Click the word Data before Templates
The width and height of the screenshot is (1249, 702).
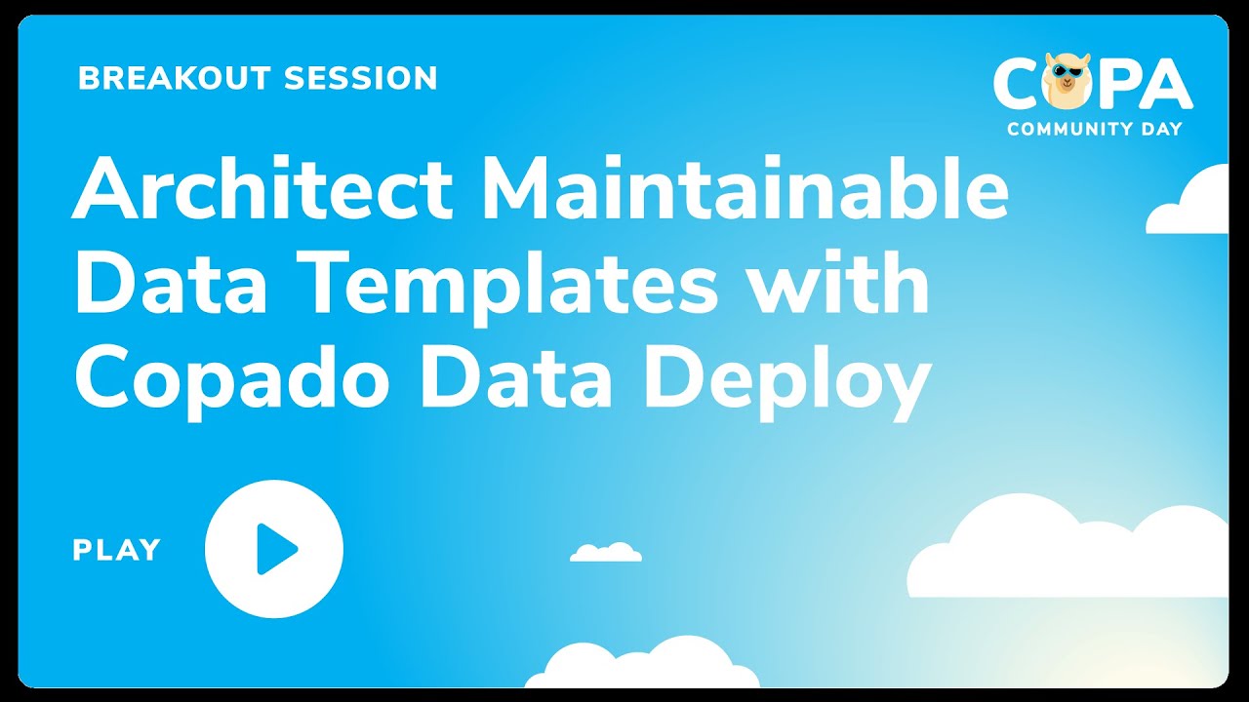[x=157, y=284]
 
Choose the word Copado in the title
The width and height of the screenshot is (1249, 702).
[x=235, y=380]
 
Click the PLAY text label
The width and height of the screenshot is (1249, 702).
[x=116, y=550]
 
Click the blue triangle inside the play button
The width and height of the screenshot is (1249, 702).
[x=276, y=549]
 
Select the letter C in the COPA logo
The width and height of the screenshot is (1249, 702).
[x=1016, y=84]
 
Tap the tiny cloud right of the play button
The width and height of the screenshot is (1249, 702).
[x=606, y=553]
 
